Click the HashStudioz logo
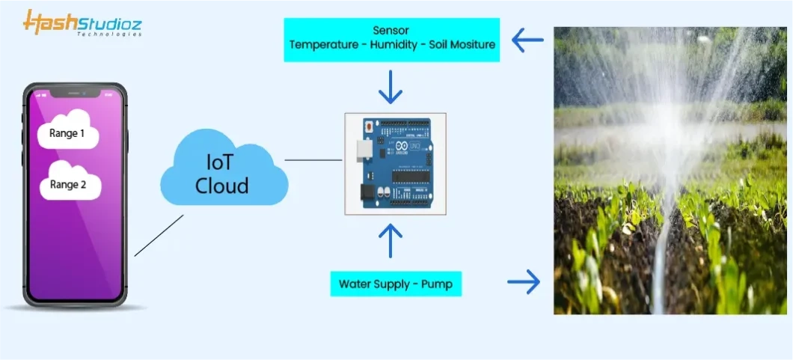82,24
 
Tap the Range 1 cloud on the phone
68,132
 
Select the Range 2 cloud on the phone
69,183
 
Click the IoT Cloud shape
223,173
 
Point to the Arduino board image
395,164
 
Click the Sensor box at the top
392,39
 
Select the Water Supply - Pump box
396,284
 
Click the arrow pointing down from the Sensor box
391,88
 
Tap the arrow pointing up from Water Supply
391,240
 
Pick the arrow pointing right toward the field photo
524,282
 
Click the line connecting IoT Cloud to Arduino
313,159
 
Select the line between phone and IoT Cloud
159,235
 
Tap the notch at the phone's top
75,93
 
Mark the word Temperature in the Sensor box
324,45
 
